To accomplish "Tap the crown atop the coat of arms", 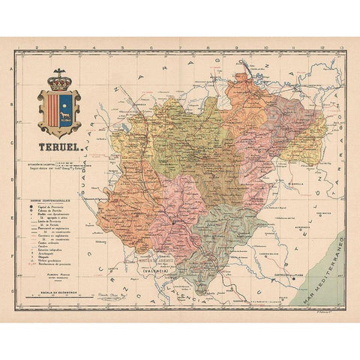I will (58, 78).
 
